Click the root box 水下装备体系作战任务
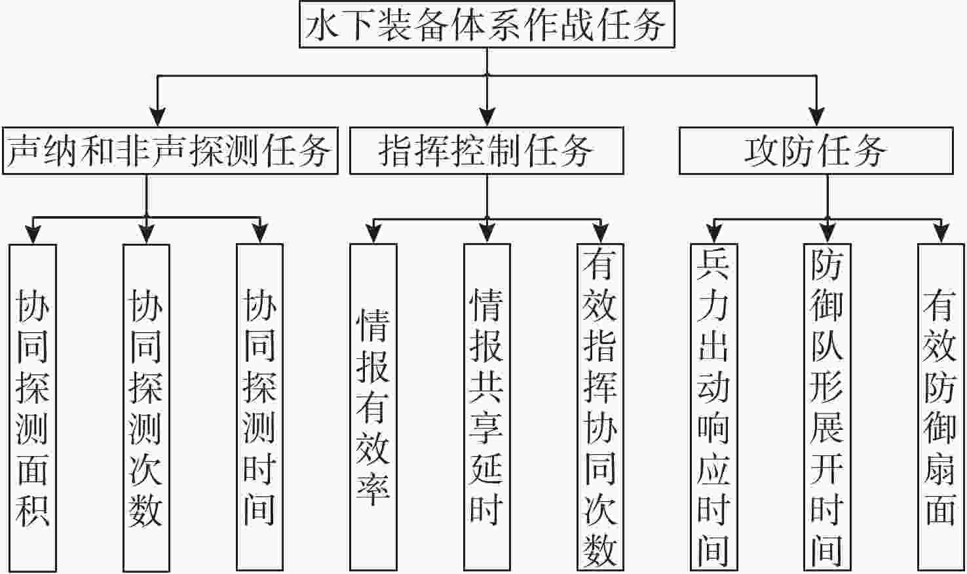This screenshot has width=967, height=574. [x=487, y=24]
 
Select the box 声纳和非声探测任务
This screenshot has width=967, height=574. [x=170, y=151]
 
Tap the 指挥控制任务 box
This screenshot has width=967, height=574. [x=486, y=151]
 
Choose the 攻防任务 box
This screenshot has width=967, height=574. [x=816, y=151]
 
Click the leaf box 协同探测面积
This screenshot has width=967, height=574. [x=33, y=406]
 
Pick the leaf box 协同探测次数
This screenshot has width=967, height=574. [x=146, y=406]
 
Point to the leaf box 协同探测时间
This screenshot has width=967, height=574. [x=259, y=406]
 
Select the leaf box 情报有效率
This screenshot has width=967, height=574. [x=373, y=406]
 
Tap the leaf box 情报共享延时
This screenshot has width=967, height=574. [x=487, y=406]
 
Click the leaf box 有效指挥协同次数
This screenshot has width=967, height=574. [x=600, y=406]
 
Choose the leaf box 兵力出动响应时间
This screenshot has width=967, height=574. [x=713, y=406]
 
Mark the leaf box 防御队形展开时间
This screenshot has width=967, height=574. [x=827, y=406]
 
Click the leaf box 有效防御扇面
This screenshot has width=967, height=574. [x=940, y=406]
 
